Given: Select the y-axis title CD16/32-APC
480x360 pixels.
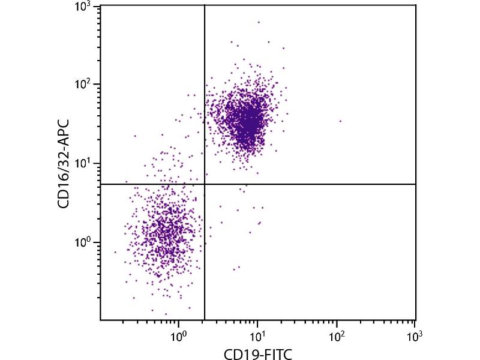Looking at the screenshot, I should click(x=62, y=163).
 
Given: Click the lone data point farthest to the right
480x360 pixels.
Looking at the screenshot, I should click(x=340, y=121).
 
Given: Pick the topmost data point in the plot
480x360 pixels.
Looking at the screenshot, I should click(x=259, y=22).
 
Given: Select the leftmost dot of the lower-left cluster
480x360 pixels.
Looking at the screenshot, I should click(x=115, y=252).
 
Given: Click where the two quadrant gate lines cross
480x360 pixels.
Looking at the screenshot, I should click(x=205, y=184).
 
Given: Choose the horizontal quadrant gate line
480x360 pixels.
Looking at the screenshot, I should click(x=312, y=184).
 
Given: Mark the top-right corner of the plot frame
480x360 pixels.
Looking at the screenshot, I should click(x=415, y=5).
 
